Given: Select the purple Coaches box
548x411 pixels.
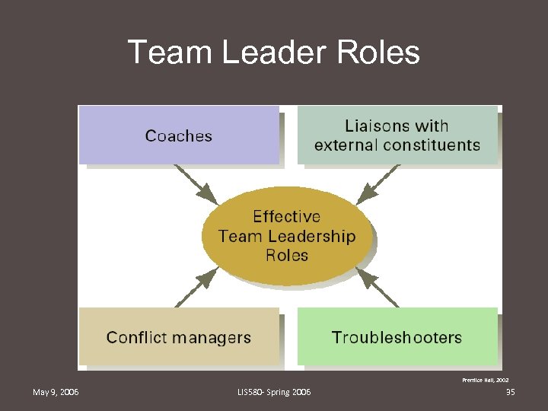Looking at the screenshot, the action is [x=179, y=135].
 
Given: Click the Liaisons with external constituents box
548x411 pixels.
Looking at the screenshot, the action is [x=397, y=135].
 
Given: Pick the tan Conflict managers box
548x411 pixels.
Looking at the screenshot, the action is [x=179, y=337].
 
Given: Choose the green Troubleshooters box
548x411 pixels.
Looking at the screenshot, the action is [x=397, y=337].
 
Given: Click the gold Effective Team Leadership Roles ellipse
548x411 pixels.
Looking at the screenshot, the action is [x=288, y=236].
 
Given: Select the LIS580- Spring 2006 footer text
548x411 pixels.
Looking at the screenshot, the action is [x=274, y=392].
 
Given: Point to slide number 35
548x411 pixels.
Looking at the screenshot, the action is [x=510, y=392].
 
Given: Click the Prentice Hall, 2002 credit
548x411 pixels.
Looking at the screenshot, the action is [x=486, y=378].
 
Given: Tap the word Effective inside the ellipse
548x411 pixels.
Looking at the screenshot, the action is [x=286, y=217].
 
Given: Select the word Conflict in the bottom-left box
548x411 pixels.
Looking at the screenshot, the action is [x=133, y=337].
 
